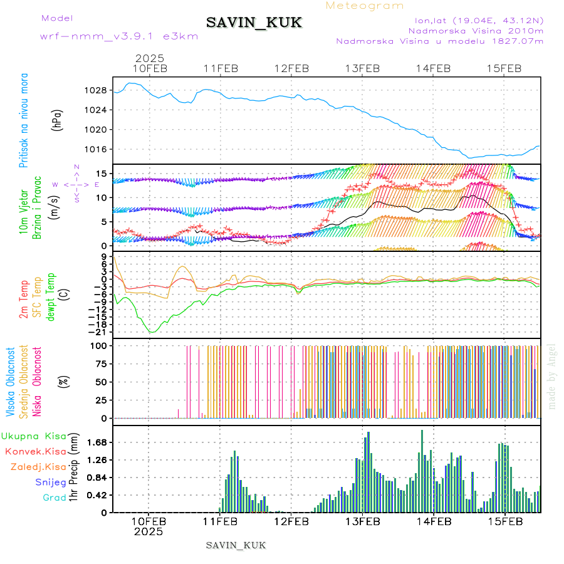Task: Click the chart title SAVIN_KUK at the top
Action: coord(254,23)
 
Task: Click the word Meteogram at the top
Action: coord(365,6)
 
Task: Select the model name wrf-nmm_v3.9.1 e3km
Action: coord(119,36)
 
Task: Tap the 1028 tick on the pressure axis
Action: coord(96,90)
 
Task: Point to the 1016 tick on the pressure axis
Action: coord(96,149)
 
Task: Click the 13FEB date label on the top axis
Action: coord(362,68)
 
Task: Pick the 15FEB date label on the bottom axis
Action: coord(505,520)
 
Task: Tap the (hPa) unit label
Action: coord(58,120)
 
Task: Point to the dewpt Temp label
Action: coord(51,294)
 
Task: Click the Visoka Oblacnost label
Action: coord(11,382)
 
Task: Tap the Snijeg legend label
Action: coord(51,482)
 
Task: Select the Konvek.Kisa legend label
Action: coord(35,451)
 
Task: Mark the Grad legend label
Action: coord(54,498)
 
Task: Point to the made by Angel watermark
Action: coord(552,376)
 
